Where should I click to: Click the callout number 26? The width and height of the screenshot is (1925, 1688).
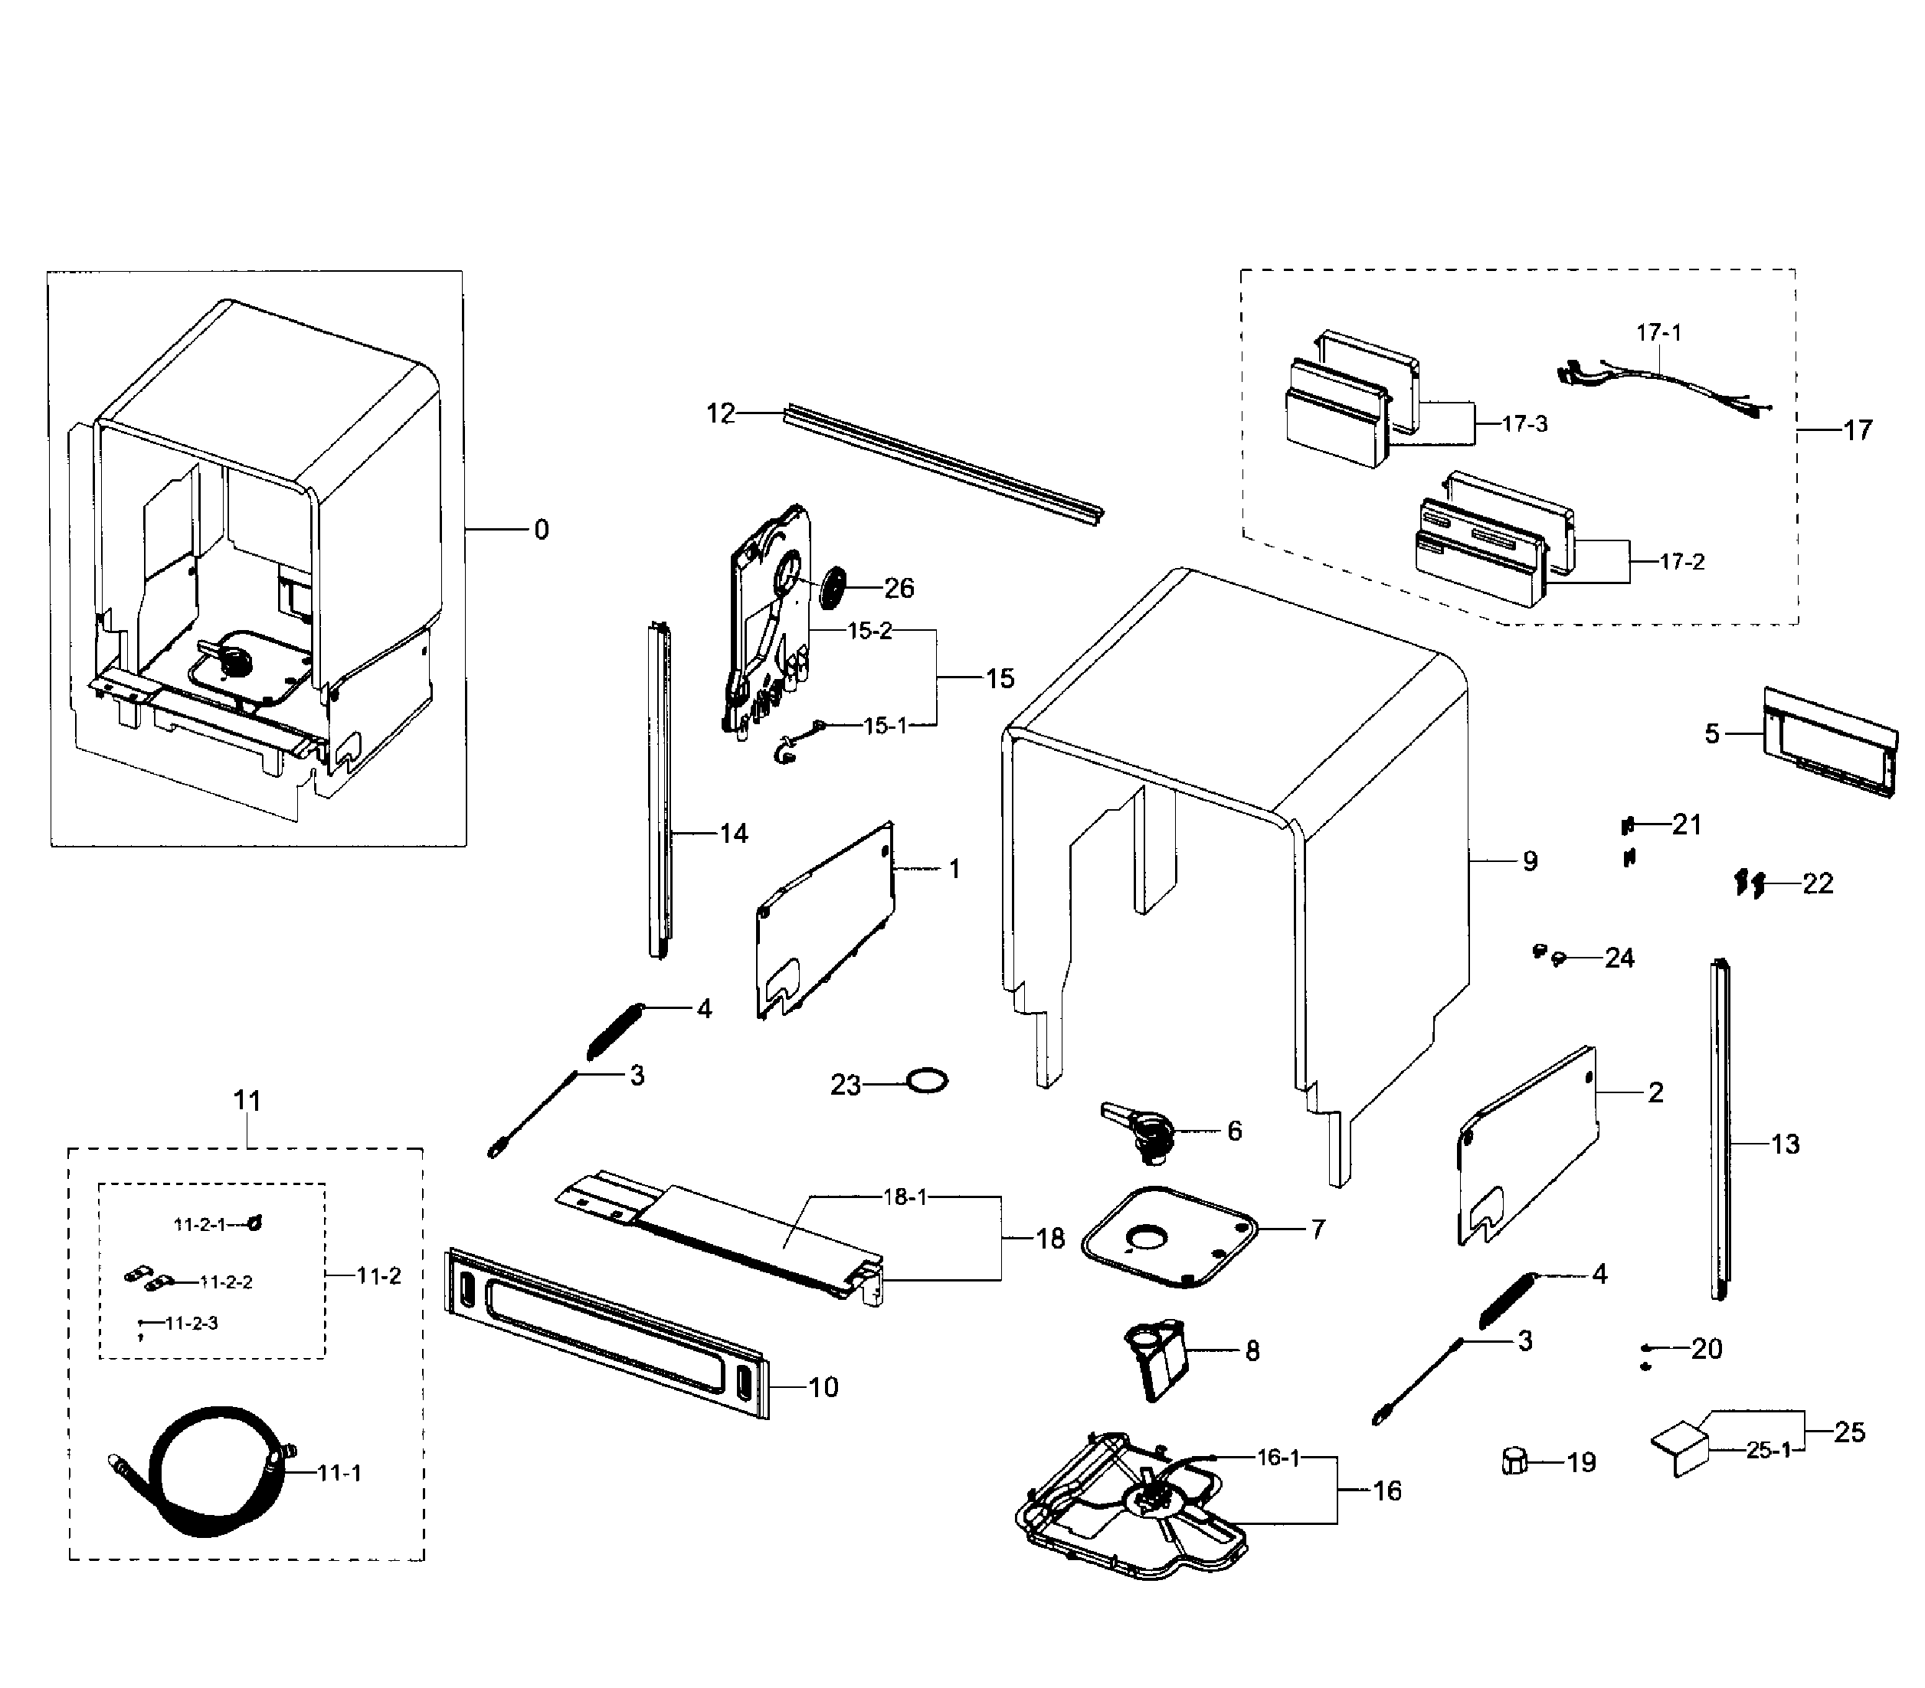(x=899, y=589)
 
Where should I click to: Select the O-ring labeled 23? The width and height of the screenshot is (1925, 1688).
(x=927, y=1080)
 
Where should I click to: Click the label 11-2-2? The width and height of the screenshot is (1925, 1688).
(x=226, y=1282)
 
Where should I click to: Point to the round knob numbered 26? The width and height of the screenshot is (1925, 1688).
(x=833, y=589)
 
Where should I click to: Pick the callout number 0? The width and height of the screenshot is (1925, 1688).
(x=542, y=530)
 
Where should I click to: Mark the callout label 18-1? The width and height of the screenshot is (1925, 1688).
(x=905, y=1197)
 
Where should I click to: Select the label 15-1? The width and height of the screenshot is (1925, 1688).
(x=886, y=726)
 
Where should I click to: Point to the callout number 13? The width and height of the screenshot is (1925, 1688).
(x=1785, y=1144)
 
